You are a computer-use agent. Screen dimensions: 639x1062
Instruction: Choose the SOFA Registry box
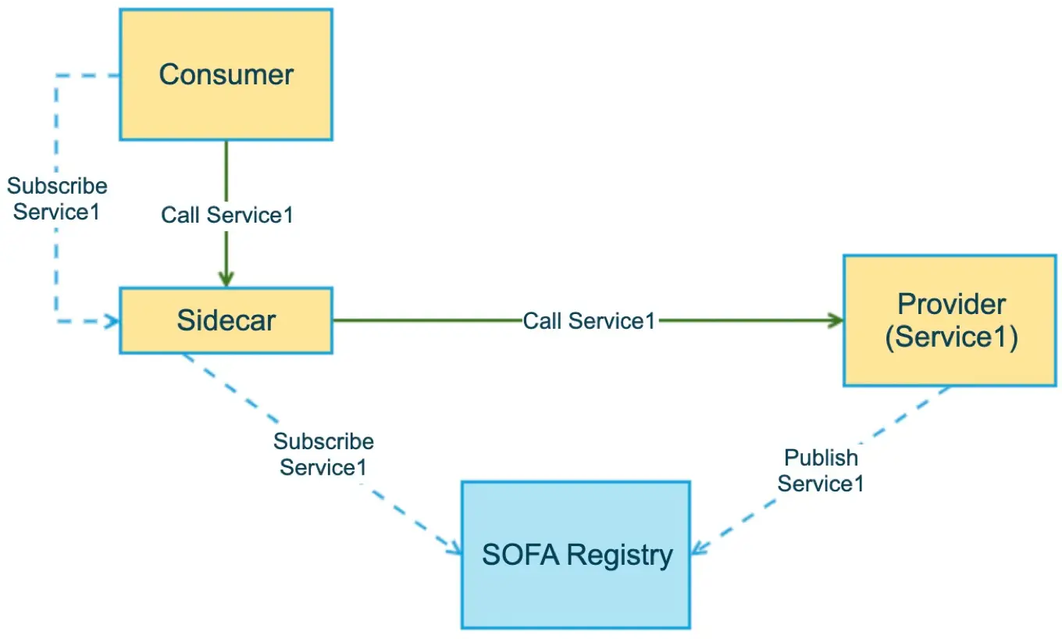[x=576, y=594]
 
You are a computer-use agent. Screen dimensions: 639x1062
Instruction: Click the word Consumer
[x=226, y=75]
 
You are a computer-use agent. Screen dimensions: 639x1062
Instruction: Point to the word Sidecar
[x=226, y=320]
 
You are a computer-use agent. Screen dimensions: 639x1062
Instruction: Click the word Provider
[x=951, y=303]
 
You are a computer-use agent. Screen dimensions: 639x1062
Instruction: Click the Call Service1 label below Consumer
[x=227, y=215]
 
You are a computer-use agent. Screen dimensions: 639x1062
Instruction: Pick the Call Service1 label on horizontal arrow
[x=589, y=320]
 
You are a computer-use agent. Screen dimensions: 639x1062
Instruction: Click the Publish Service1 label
[x=821, y=470]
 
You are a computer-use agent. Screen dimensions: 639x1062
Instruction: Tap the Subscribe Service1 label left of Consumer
[x=57, y=199]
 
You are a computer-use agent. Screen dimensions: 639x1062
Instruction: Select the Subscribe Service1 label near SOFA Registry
[x=323, y=454]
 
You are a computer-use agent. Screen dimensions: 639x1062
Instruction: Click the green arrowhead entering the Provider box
[x=836, y=320]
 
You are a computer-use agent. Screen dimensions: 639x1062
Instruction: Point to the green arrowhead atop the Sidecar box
[x=226, y=279]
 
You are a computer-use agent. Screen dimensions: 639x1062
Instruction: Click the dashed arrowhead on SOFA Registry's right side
[x=698, y=547]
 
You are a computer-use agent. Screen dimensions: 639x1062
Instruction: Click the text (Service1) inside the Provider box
[x=951, y=337]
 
